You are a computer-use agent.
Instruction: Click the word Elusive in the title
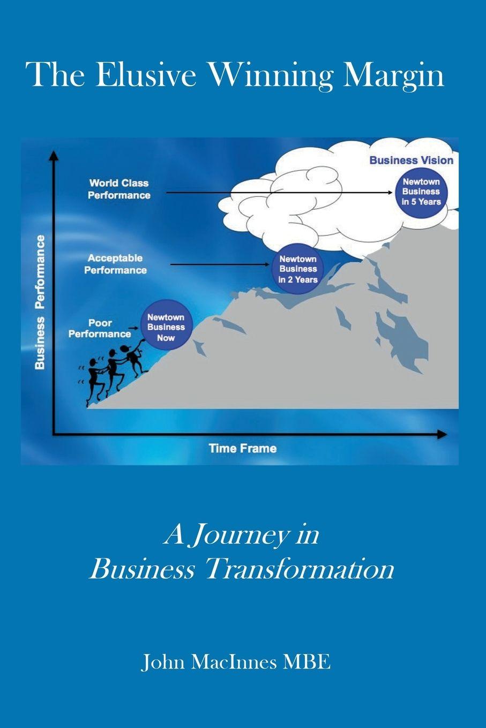[145, 75]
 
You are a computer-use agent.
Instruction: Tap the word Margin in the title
[394, 77]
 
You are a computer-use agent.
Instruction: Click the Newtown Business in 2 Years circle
[298, 269]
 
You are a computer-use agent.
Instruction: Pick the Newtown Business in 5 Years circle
[421, 192]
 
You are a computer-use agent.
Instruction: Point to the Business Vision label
[412, 160]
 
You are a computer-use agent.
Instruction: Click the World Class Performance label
[119, 189]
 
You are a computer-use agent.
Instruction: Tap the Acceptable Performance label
[116, 264]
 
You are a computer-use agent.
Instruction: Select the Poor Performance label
[100, 329]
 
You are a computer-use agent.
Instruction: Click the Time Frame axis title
[243, 449]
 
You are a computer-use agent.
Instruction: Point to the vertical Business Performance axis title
[40, 302]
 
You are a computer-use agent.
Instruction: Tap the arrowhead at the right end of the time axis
[442, 434]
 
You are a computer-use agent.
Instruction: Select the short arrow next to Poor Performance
[134, 328]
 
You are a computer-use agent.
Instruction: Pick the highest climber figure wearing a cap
[133, 358]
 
